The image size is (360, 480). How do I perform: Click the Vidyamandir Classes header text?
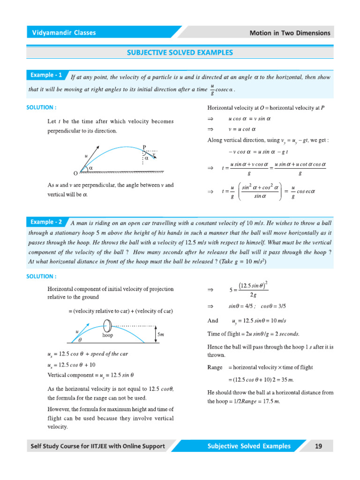pyautogui.click(x=64, y=33)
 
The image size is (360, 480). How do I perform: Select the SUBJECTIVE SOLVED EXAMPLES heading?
pyautogui.click(x=180, y=52)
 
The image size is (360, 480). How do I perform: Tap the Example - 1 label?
pyautogui.click(x=46, y=75)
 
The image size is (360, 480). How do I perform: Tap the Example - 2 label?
pyautogui.click(x=46, y=222)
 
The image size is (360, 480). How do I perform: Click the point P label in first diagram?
pyautogui.click(x=144, y=147)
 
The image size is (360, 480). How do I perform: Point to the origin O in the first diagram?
pyautogui.click(x=75, y=173)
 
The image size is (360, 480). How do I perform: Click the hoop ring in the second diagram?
pyautogui.click(x=107, y=325)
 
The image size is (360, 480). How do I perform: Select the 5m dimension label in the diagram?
pyautogui.click(x=161, y=335)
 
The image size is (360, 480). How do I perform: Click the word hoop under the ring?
pyautogui.click(x=108, y=336)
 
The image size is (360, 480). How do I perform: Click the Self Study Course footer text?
pyautogui.click(x=98, y=446)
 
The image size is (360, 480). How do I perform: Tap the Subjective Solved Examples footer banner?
pyautogui.click(x=249, y=446)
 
